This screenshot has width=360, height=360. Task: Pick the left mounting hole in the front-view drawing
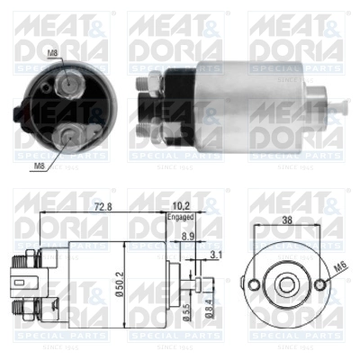(x=254, y=285)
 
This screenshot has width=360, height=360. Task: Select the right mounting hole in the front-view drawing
(x=321, y=285)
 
